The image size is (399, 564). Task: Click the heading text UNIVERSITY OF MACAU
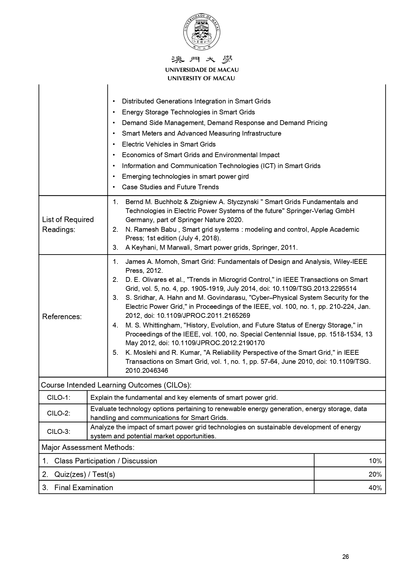201,78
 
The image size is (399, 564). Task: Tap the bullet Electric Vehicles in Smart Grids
169,144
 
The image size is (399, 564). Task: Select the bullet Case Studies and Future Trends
170,187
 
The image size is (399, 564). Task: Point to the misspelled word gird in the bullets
244,176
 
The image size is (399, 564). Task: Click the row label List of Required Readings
68,224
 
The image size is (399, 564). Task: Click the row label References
62,317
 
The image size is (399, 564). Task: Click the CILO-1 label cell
59,398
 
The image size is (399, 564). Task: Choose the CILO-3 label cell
59,431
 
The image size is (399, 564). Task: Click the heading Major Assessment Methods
88,447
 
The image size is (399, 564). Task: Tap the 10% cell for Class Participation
375,461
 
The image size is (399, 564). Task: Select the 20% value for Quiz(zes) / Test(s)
375,474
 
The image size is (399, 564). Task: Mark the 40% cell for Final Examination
375,488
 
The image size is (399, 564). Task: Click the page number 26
346,557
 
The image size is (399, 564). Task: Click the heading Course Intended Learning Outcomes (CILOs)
116,385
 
